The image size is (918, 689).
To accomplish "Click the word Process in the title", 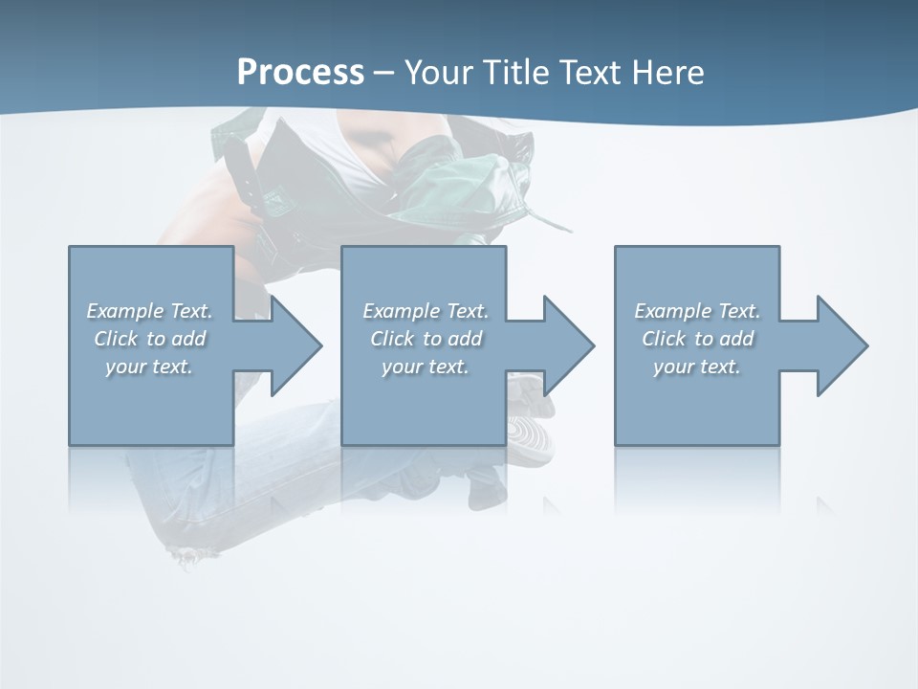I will tap(300, 73).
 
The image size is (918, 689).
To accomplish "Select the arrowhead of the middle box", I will tap(567, 345).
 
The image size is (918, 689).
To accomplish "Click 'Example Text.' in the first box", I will tap(149, 311).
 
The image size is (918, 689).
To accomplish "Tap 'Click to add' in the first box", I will tap(149, 339).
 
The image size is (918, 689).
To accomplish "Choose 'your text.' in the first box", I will tap(149, 367).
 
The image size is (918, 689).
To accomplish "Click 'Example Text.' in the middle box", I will tap(426, 311).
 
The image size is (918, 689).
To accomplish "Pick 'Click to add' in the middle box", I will tap(426, 339).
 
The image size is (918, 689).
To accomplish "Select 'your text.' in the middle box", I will tap(426, 367).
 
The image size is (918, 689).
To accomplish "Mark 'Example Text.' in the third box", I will tap(697, 311).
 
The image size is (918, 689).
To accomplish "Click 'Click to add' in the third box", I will tap(697, 339).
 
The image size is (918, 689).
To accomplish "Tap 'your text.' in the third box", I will tap(697, 367).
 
